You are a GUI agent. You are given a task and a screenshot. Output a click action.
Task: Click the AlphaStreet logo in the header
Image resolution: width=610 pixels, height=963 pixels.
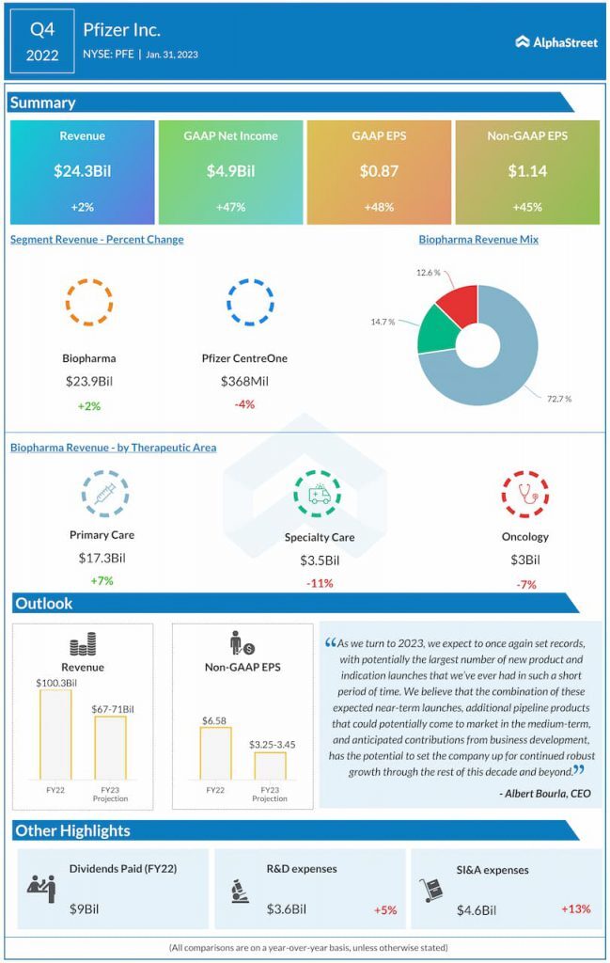[555, 42]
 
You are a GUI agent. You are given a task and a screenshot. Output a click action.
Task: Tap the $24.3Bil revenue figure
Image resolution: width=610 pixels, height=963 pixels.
[82, 172]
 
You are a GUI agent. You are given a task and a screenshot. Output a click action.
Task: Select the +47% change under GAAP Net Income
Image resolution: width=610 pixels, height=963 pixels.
[230, 207]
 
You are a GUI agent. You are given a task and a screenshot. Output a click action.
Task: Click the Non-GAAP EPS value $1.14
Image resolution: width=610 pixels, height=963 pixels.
[527, 172]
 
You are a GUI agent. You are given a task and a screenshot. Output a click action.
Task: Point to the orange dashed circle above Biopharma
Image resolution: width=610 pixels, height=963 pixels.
[89, 303]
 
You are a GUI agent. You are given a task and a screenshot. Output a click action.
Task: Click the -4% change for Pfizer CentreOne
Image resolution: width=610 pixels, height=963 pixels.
[244, 404]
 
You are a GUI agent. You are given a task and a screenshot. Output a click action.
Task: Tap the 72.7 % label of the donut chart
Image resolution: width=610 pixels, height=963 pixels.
[558, 400]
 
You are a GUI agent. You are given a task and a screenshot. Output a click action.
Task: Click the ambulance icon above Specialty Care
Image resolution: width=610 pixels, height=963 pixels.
[319, 494]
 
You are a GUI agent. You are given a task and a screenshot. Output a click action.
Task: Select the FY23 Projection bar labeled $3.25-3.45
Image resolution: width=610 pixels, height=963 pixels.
[270, 766]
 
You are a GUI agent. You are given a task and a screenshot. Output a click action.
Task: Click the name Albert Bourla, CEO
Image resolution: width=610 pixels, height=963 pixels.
[546, 794]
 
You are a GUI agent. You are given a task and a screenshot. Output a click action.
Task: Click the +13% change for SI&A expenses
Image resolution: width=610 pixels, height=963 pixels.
[575, 908]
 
